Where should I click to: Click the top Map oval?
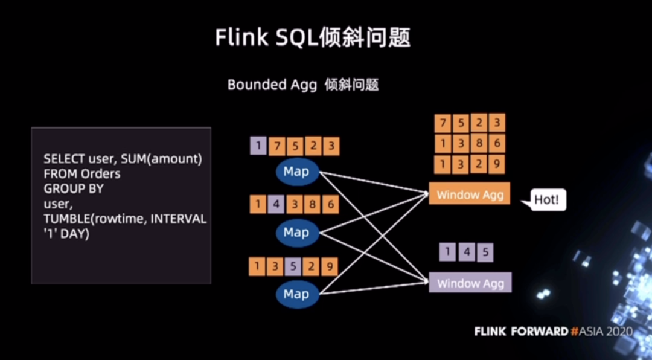297,172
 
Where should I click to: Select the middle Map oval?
297,233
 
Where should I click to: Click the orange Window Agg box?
470,194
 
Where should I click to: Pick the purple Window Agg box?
470,283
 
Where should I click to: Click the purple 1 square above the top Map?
258,146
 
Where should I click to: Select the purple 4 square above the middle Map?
276,204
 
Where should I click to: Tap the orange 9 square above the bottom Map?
330,266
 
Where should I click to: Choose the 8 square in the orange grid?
479,144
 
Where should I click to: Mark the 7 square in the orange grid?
443,124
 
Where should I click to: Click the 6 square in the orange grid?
496,143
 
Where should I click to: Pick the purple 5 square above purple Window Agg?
485,252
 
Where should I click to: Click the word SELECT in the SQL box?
65,159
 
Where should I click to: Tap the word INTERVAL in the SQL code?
178,219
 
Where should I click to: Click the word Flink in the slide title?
241,37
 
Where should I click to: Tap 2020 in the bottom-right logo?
619,332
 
